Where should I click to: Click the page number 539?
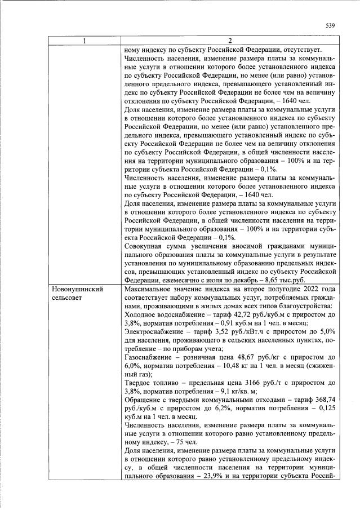pos(331,25)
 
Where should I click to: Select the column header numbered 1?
pos(85,40)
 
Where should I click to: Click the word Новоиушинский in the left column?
pos(77,289)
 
